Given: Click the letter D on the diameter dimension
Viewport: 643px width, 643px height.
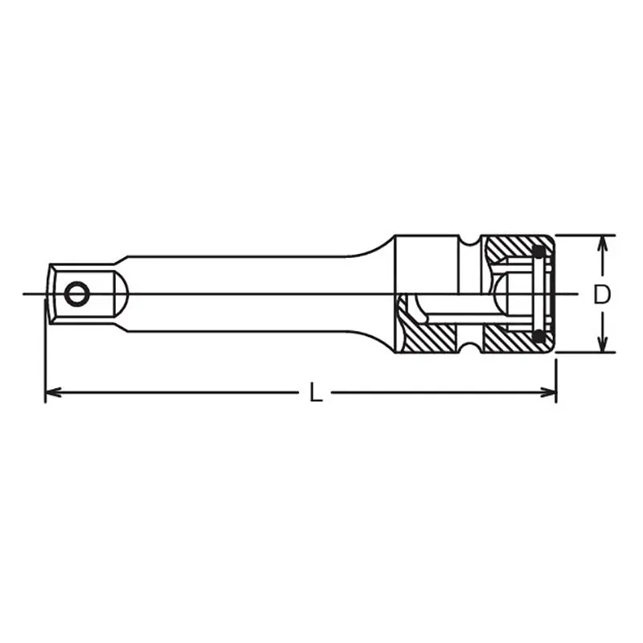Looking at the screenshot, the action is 601,294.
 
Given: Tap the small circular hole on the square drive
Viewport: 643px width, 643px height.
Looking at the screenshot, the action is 76,293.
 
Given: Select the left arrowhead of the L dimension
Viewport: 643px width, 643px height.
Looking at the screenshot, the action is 53,392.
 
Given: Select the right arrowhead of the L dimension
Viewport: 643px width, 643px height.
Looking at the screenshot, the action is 548,392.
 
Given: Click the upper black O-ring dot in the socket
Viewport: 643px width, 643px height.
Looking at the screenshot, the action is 539,252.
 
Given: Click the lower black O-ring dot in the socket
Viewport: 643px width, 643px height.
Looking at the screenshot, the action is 539,336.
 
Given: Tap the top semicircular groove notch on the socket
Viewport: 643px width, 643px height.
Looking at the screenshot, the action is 469,241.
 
